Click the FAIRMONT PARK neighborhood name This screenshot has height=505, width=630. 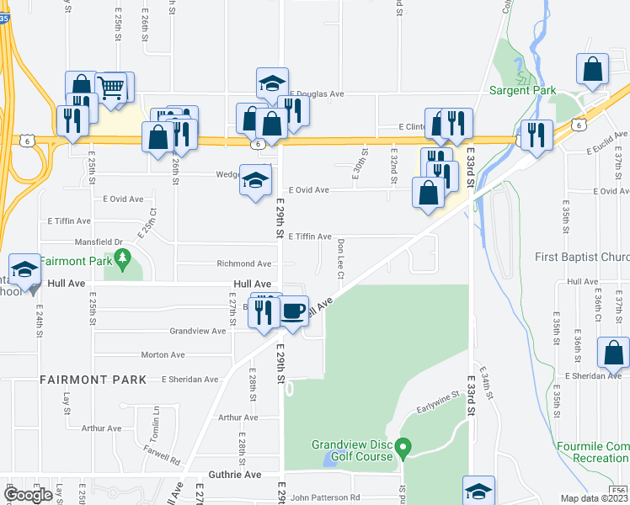[93, 380]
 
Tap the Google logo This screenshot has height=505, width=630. [29, 495]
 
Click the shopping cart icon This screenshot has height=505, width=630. [111, 88]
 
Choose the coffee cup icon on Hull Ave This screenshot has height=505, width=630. [292, 311]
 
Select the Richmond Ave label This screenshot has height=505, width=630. [243, 263]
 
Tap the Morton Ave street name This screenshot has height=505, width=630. [162, 355]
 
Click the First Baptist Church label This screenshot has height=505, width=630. [582, 257]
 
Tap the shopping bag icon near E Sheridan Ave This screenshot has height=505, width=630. [612, 353]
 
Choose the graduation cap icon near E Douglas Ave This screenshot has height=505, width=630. [273, 83]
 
